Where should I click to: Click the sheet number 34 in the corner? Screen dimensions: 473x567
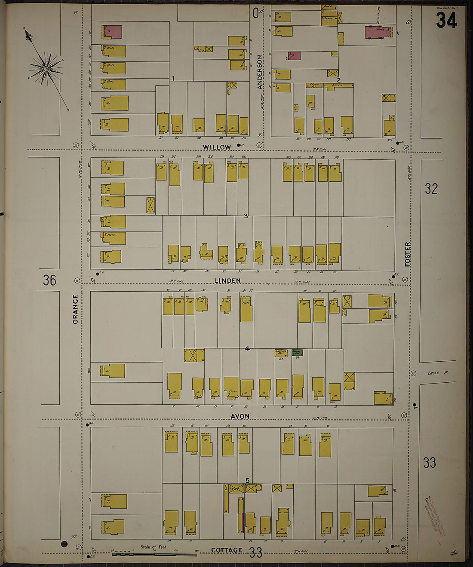click(446, 20)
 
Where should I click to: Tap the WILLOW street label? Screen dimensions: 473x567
click(217, 147)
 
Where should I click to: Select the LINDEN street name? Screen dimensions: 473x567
click(228, 281)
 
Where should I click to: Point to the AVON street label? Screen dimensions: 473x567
click(240, 417)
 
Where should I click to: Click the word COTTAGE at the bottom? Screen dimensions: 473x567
click(227, 551)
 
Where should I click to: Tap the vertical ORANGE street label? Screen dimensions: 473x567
click(76, 309)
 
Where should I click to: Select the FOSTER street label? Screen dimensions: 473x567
click(408, 254)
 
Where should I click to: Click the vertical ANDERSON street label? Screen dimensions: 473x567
click(260, 72)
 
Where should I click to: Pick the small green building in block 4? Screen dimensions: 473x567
click(297, 353)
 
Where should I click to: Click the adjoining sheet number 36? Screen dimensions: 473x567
click(49, 280)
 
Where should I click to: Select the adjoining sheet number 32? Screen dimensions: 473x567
click(431, 189)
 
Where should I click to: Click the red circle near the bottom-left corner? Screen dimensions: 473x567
click(64, 544)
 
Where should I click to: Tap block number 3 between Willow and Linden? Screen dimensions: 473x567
click(246, 216)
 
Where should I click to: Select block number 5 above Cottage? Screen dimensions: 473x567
click(247, 481)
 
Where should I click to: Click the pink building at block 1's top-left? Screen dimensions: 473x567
click(114, 32)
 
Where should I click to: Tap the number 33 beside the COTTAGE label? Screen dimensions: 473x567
click(256, 553)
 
